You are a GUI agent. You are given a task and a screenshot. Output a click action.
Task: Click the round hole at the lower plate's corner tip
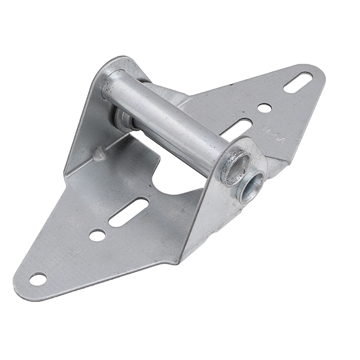[x=38, y=279]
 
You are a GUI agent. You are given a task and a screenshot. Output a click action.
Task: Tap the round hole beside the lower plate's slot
[x=97, y=235]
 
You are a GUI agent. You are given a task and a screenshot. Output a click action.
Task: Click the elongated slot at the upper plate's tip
[x=298, y=82]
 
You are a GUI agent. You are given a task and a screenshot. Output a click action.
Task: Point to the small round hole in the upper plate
[x=264, y=108]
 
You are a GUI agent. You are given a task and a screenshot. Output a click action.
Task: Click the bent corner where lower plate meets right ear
[x=180, y=255]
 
